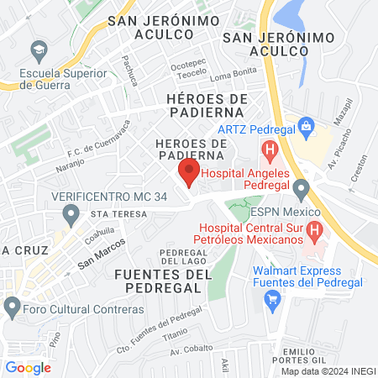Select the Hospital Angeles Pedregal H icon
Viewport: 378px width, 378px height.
click(270, 152)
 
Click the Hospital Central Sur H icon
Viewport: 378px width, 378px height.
click(314, 228)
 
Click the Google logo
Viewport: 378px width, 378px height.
click(28, 367)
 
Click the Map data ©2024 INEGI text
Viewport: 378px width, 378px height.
click(327, 371)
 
